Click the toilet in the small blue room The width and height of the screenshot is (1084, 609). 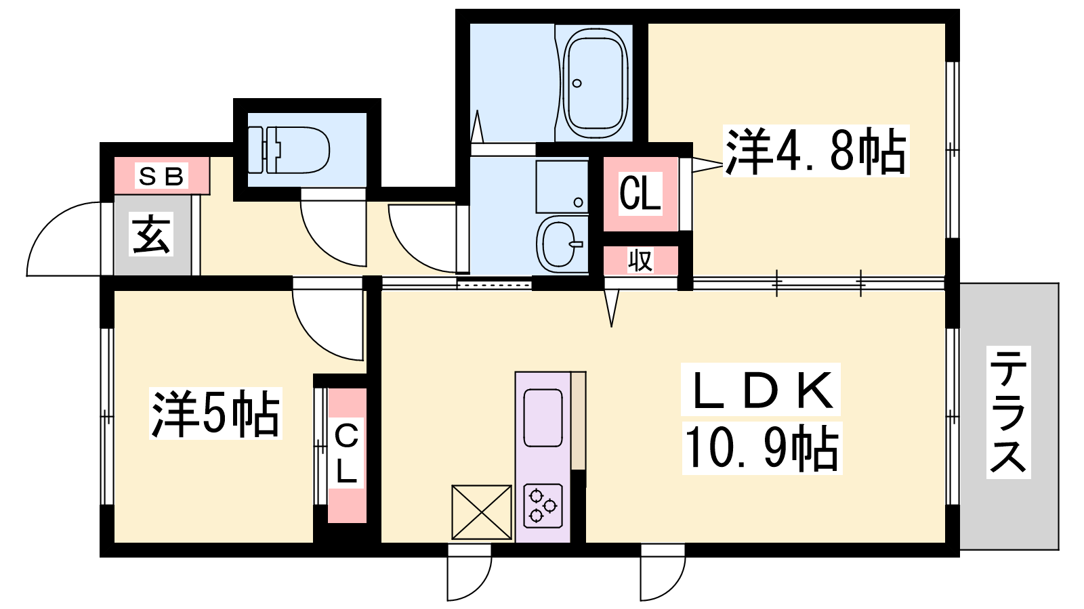(x=289, y=150)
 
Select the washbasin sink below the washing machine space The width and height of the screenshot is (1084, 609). (x=562, y=244)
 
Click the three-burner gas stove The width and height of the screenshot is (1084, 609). (x=543, y=505)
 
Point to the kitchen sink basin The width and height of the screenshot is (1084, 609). (x=543, y=417)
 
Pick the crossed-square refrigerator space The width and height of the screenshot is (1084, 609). (x=482, y=512)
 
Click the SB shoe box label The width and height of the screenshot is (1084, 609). (x=161, y=177)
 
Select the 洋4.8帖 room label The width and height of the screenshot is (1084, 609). (x=816, y=151)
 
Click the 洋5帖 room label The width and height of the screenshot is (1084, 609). (x=216, y=413)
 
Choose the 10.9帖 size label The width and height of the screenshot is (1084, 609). (x=762, y=448)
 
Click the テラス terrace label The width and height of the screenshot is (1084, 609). (x=1009, y=412)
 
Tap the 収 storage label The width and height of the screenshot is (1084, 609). (x=640, y=261)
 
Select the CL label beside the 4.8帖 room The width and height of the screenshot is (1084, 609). (x=640, y=194)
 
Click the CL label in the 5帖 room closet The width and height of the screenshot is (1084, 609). (x=346, y=453)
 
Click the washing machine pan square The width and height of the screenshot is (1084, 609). (x=562, y=187)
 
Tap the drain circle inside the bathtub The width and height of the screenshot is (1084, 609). (x=577, y=83)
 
